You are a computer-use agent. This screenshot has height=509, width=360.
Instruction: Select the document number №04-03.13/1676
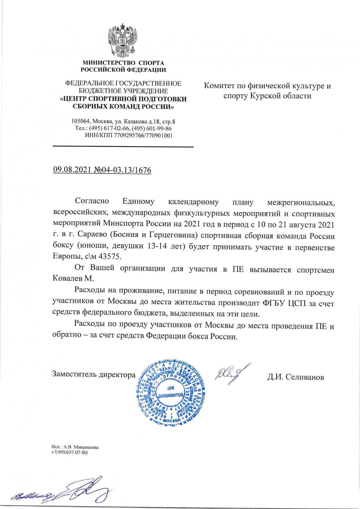pos(123,170)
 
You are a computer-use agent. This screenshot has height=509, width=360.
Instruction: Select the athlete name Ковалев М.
pos(73,278)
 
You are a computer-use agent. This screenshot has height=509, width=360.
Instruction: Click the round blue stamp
pos(170,395)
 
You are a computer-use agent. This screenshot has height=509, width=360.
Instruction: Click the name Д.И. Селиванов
pos(295,377)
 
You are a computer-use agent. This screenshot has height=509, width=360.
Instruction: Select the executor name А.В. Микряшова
pos(81,447)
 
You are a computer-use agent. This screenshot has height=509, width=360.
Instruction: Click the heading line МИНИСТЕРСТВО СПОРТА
pos(123,63)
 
